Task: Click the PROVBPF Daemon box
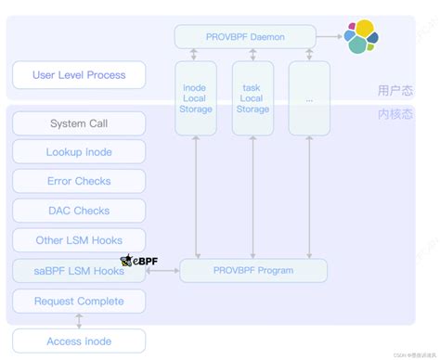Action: (243, 37)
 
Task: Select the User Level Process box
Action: (79, 74)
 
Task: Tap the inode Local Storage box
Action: (195, 97)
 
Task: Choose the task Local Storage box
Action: (252, 97)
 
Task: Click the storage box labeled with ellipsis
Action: (309, 97)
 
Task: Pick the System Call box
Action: (79, 124)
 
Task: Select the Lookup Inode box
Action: (79, 152)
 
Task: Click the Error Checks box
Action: (79, 182)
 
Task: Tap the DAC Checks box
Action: (79, 211)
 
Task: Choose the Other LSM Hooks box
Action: (79, 240)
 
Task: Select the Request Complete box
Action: (79, 301)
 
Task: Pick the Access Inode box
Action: (79, 341)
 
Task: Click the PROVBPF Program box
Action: (252, 271)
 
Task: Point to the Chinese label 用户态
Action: (395, 90)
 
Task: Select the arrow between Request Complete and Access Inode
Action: (79, 321)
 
